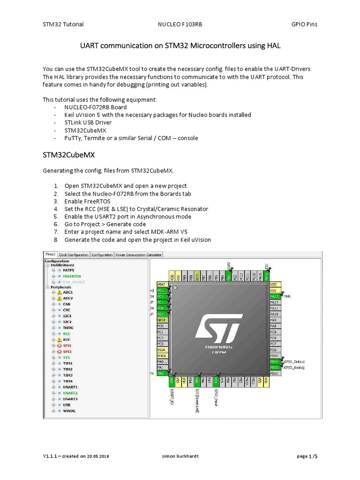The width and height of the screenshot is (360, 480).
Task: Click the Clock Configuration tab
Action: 73,255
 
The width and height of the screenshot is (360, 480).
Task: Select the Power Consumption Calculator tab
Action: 139,255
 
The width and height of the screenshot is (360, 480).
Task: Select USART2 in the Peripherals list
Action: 71,393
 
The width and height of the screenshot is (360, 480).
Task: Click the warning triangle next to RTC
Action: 59,339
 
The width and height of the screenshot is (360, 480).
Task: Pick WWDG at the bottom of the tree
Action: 69,411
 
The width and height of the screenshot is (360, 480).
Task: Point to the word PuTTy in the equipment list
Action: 73,138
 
